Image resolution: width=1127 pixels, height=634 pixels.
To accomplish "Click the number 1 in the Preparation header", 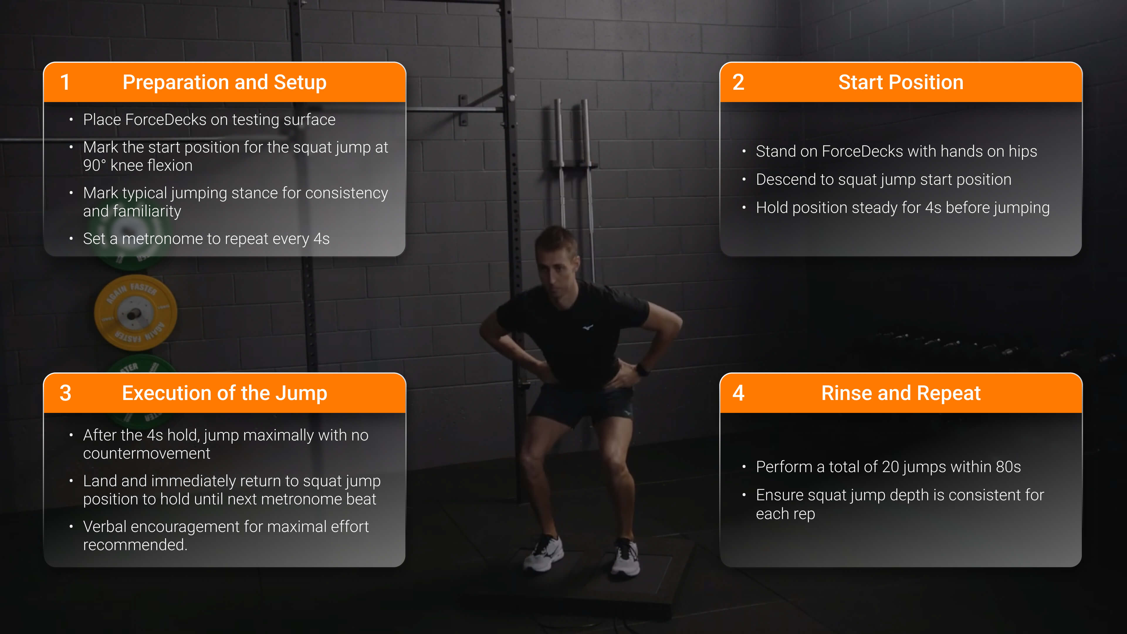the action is (65, 82).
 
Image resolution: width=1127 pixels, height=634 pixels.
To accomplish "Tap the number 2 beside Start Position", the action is (739, 82).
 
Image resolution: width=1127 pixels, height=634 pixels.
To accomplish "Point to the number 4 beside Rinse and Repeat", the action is (739, 393).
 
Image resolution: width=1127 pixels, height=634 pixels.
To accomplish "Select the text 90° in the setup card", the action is (94, 165).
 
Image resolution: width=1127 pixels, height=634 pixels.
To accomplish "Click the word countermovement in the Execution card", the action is (147, 453).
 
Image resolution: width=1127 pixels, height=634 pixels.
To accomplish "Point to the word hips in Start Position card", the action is (1023, 152).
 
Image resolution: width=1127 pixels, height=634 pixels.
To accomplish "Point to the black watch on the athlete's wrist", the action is (642, 370).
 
